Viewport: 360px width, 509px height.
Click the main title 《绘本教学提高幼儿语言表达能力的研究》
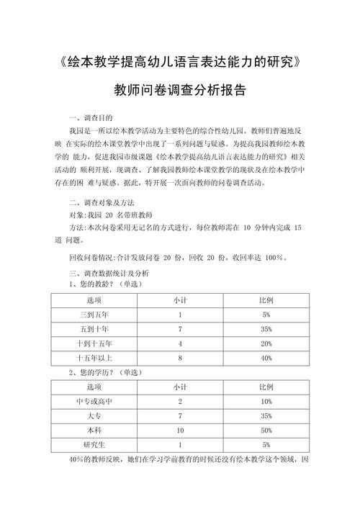point(180,63)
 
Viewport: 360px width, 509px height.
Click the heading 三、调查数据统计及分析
point(109,274)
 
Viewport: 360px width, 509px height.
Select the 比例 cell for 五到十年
point(266,329)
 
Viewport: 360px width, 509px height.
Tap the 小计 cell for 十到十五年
point(179,343)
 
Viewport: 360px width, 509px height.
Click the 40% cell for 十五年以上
point(266,357)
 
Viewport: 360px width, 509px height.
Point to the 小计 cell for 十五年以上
point(179,357)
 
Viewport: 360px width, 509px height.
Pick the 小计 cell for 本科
point(179,430)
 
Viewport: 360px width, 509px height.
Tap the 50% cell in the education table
point(266,430)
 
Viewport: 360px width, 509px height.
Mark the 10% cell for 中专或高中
point(266,401)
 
